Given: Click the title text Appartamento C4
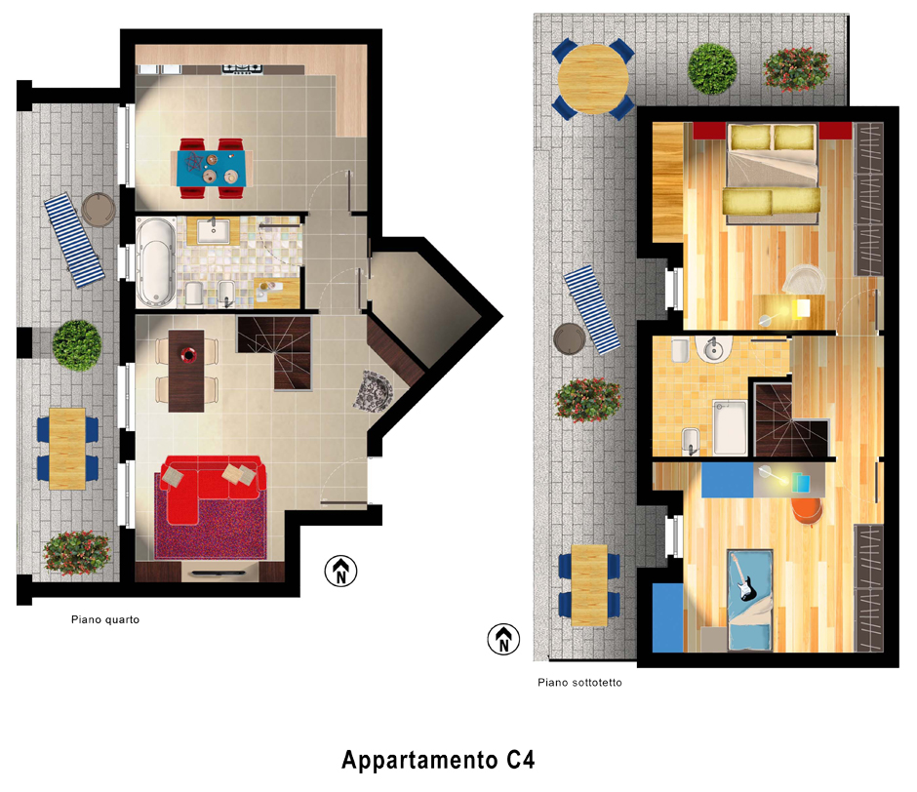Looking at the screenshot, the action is tap(438, 760).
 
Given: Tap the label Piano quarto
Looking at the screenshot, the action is tap(105, 619).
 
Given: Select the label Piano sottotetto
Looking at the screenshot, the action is tap(579, 682).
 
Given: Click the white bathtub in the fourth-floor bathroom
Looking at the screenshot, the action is tap(156, 262).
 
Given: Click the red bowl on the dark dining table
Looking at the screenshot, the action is tap(188, 354).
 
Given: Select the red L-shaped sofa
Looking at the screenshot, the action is tap(214, 489).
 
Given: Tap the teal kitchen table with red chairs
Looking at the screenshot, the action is tap(212, 169).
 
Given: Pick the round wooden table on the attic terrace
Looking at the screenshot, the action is tap(592, 78).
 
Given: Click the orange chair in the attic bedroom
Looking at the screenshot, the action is tap(807, 510).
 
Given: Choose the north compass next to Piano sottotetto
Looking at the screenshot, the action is tap(503, 639).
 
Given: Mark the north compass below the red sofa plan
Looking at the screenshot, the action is tap(341, 571).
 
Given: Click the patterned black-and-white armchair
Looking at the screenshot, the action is tap(373, 390).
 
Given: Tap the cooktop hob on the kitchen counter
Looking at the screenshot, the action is tap(242, 69).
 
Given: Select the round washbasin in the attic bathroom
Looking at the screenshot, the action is tap(713, 349).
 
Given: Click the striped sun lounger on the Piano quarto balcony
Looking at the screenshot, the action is tap(74, 240).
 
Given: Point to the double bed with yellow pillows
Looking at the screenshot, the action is tap(772, 174).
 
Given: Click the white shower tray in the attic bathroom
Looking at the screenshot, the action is tap(730, 427).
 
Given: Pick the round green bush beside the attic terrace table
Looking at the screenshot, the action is tap(712, 68).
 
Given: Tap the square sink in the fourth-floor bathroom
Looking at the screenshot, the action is tap(213, 230).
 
